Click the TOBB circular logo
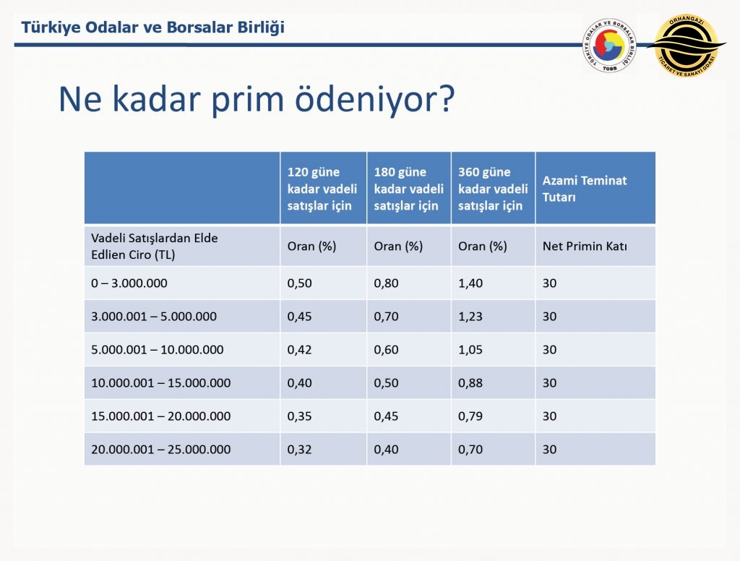[609, 46]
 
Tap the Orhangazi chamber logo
[687, 46]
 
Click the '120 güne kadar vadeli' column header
[322, 189]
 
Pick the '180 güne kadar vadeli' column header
[409, 189]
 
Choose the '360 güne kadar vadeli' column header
[493, 189]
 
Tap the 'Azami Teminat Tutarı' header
[584, 189]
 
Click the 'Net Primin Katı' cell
[585, 246]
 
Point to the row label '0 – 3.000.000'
[129, 283]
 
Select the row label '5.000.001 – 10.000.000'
[157, 349]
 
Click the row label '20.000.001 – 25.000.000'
[161, 449]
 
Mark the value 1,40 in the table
[470, 283]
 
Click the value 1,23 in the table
[470, 317]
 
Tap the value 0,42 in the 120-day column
[299, 350]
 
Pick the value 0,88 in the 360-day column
[470, 383]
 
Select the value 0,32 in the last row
[299, 450]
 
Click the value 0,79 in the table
[470, 416]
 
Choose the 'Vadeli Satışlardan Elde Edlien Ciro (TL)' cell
[155, 246]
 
